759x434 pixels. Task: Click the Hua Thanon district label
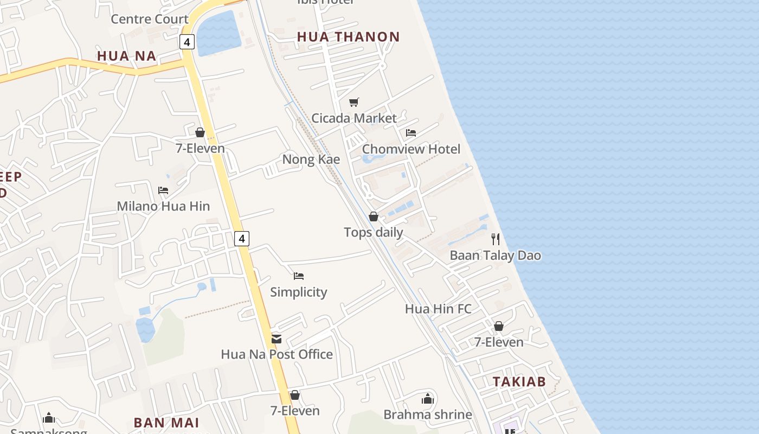coord(349,37)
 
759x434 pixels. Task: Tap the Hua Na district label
coord(126,56)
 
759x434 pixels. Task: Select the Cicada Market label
coord(354,118)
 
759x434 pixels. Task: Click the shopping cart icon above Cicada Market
coord(354,102)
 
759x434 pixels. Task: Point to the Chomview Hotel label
coord(411,149)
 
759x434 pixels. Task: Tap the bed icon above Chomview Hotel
coord(411,133)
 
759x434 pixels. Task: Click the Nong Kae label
coord(311,159)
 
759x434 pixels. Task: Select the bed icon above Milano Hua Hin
coord(163,190)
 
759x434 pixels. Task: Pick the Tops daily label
coord(374,232)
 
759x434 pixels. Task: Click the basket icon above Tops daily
coord(374,216)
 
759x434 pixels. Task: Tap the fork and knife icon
coord(495,239)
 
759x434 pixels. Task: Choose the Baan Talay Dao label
coord(496,256)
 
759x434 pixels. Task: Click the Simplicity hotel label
coord(299,292)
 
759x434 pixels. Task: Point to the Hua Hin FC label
coord(438,309)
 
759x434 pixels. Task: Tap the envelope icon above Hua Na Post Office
coord(276,339)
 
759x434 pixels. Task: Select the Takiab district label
coord(519,381)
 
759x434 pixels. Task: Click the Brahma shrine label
coord(428,415)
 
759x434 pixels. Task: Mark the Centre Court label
coord(150,19)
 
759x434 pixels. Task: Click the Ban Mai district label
coord(166,423)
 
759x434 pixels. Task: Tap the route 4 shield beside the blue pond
coord(187,42)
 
